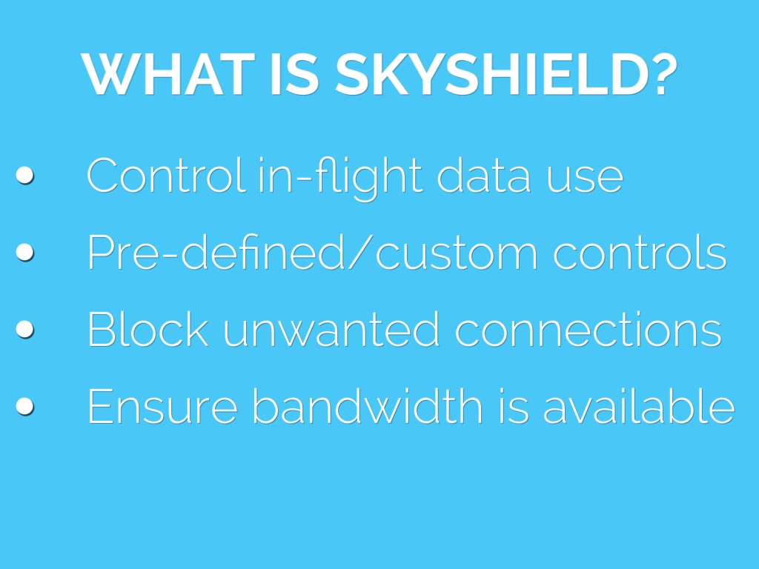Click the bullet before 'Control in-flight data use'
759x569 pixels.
24,175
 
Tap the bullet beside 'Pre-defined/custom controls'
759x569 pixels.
24,252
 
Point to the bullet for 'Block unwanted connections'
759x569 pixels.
24,329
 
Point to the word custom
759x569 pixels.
456,256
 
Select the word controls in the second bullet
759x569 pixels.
640,252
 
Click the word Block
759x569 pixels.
148,329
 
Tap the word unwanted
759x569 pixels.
331,329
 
